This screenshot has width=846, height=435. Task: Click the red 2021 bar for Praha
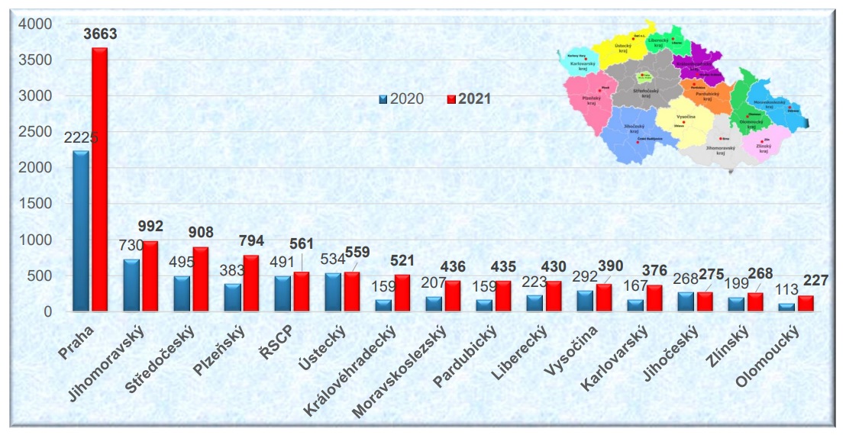click(100, 179)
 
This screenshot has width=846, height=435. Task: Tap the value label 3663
click(100, 34)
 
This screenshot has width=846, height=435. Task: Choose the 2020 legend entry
click(402, 99)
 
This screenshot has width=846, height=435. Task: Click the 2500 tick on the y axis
click(36, 132)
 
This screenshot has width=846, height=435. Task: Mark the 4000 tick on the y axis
click(36, 24)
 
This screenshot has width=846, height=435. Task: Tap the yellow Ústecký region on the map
click(621, 50)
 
